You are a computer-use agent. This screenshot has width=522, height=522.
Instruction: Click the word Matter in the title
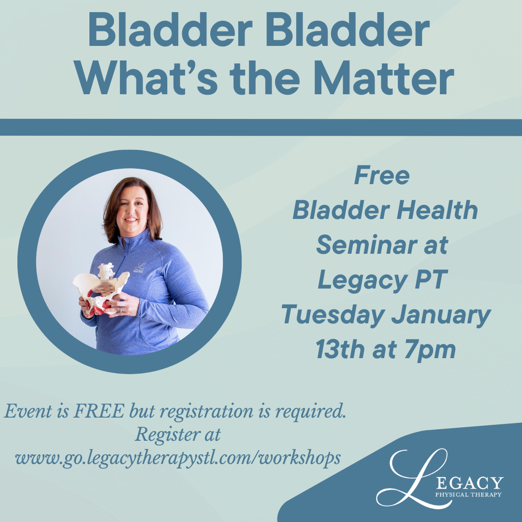(384, 78)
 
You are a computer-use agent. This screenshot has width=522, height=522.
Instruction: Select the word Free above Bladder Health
(382, 175)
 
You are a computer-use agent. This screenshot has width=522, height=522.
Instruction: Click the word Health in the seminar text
(437, 210)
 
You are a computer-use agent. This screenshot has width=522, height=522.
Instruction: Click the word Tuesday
(333, 315)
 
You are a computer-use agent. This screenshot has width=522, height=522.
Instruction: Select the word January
(441, 315)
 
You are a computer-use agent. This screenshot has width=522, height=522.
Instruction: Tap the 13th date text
(340, 349)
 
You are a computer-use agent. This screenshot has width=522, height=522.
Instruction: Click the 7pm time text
(430, 350)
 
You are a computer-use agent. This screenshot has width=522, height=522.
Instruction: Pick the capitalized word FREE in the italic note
(99, 411)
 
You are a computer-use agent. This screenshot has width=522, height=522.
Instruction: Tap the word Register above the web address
(164, 435)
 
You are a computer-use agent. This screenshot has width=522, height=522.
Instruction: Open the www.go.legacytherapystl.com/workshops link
(178, 458)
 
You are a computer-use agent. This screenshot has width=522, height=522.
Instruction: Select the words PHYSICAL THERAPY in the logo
(468, 494)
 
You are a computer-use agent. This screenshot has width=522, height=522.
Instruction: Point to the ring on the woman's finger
(120, 310)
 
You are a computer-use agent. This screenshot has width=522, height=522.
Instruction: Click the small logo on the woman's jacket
(139, 268)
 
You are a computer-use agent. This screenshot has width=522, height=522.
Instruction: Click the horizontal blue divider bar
(261, 127)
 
